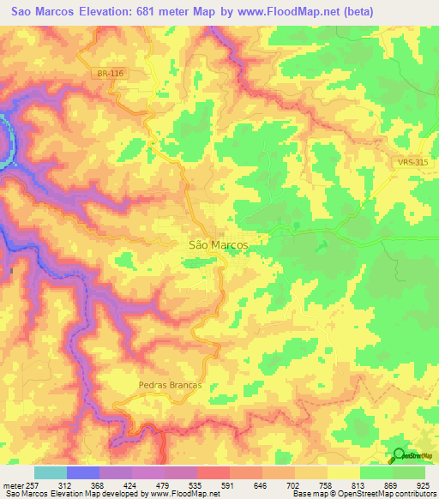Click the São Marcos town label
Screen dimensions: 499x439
(218, 244)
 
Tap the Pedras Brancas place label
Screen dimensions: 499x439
(170, 385)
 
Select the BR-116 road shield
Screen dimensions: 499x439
(109, 74)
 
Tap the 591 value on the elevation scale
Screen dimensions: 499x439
(230, 485)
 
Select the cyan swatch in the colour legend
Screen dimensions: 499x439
(51, 472)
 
